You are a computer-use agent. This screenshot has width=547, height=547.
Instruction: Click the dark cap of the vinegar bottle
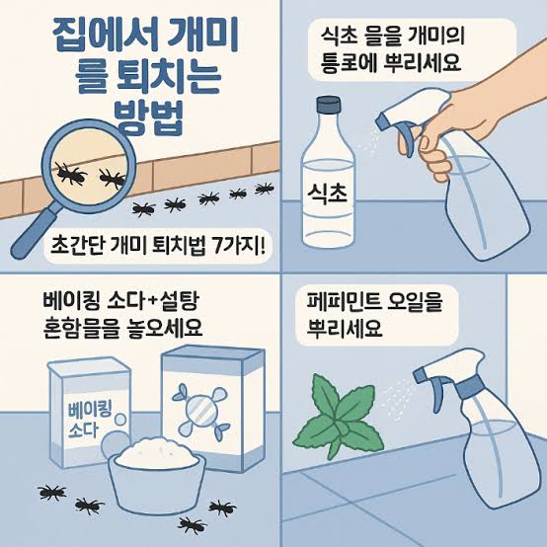tap(328, 105)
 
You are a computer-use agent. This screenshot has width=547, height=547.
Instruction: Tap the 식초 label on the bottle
tap(327, 194)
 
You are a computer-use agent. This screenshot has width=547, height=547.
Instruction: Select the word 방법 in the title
tap(149, 117)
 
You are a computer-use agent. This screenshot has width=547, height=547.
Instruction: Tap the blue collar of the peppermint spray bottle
tap(469, 387)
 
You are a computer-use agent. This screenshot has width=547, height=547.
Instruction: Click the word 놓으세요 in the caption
tap(168, 328)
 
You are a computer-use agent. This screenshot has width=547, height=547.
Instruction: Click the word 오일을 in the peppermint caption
tap(415, 302)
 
